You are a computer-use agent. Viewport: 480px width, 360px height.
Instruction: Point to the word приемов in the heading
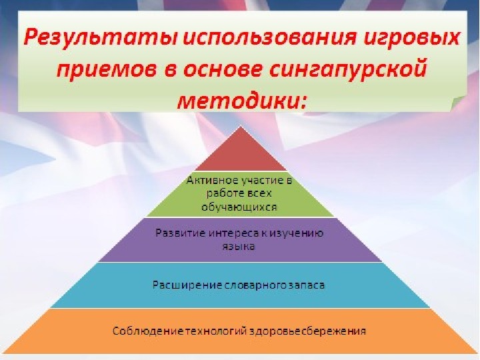pos(107,71)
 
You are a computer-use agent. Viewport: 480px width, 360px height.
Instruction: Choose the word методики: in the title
pos(242,101)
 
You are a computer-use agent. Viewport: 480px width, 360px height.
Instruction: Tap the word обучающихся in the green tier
pos(239,207)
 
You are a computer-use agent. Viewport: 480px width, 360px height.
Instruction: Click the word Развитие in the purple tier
pos(180,233)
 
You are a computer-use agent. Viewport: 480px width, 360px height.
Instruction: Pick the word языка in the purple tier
pos(239,247)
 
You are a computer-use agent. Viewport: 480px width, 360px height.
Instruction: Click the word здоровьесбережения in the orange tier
pos(308,331)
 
